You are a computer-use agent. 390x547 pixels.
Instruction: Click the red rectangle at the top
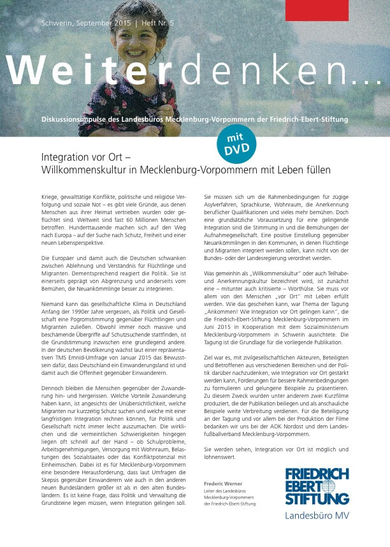click(317, 10)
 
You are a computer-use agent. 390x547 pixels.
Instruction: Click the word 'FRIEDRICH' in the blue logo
click(317, 474)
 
